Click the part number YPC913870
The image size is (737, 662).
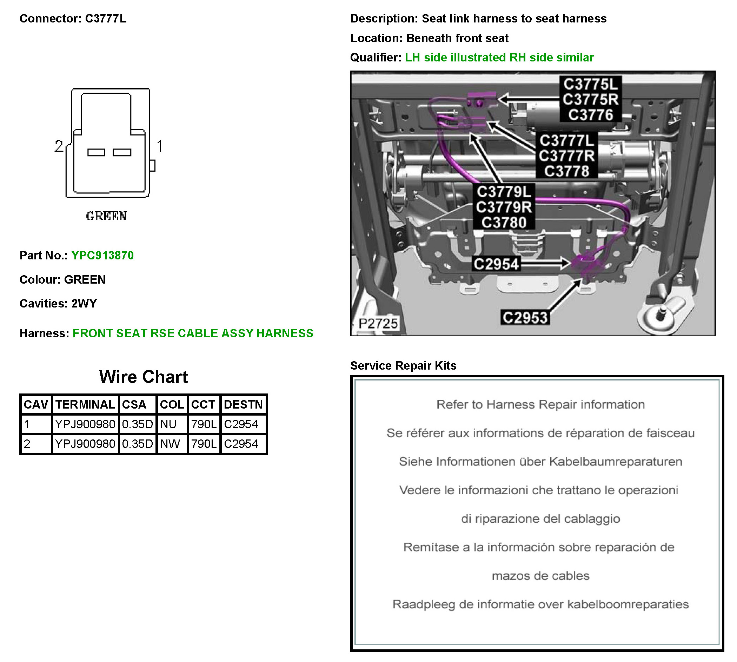pyautogui.click(x=102, y=255)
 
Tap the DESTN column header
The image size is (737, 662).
pyautogui.click(x=243, y=404)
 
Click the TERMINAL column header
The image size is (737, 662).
pyautogui.click(x=85, y=404)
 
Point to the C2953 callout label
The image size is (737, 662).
pyautogui.click(x=525, y=318)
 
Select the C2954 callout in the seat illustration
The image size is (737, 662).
pyautogui.click(x=496, y=264)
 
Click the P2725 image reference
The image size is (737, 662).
pyautogui.click(x=378, y=323)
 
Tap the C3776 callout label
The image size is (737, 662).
pyautogui.click(x=590, y=115)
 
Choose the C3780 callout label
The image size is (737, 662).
pyautogui.click(x=504, y=222)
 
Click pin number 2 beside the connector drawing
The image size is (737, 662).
pyautogui.click(x=59, y=146)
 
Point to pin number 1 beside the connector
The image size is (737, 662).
pyautogui.click(x=159, y=146)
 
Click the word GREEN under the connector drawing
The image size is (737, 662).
pyautogui.click(x=106, y=216)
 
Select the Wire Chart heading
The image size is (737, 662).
pyautogui.click(x=144, y=377)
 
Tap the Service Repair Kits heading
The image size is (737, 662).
pyautogui.click(x=403, y=365)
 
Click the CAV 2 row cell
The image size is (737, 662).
pyautogui.click(x=36, y=444)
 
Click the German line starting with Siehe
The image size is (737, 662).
pyautogui.click(x=540, y=462)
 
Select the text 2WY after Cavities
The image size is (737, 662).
pyautogui.click(x=84, y=303)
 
